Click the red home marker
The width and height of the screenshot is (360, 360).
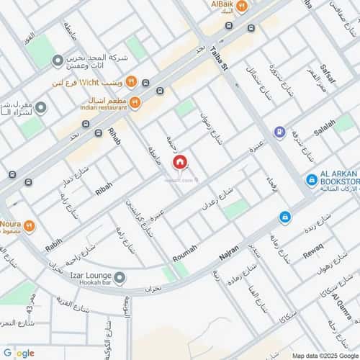(179, 163)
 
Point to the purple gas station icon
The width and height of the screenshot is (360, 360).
(279, 132)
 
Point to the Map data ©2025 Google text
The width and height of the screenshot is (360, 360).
(324, 356)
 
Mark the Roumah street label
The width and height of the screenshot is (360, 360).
(184, 257)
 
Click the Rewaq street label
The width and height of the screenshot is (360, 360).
(314, 253)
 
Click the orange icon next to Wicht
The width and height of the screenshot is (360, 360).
(131, 81)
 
